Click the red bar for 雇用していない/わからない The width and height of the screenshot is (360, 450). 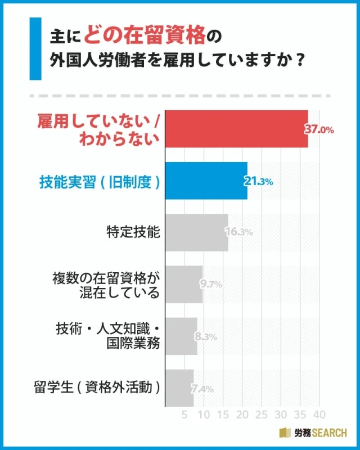click(x=236, y=129)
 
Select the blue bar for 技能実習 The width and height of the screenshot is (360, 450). click(x=206, y=181)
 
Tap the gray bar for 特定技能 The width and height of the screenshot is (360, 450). click(x=196, y=232)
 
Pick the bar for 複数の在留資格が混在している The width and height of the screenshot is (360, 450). click(x=183, y=284)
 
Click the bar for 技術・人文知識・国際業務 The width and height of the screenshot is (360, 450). click(x=181, y=336)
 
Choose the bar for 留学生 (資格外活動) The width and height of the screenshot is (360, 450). click(x=179, y=388)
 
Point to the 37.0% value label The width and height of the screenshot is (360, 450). click(x=319, y=129)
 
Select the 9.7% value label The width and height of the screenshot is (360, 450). click(x=211, y=285)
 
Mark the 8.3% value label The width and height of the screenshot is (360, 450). click(x=206, y=336)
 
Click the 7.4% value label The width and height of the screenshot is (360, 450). click(x=202, y=388)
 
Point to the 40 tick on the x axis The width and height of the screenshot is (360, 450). click(x=319, y=416)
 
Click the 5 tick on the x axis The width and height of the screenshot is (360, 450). click(x=184, y=416)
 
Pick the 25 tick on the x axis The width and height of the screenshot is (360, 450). click(x=262, y=416)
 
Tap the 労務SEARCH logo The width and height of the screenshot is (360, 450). click(x=314, y=433)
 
